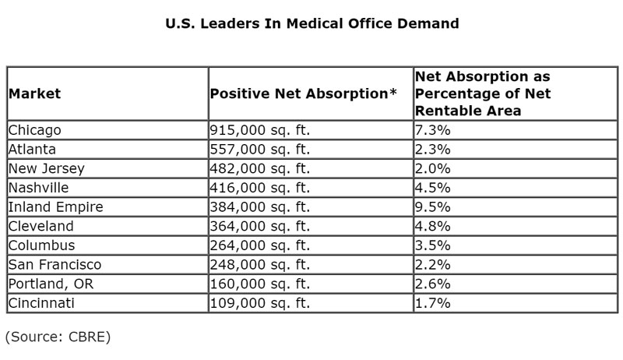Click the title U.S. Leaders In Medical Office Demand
click(312, 23)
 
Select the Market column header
click(34, 94)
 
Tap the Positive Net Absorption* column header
click(304, 94)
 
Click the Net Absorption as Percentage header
click(483, 94)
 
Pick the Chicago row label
click(34, 130)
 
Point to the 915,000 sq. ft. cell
click(260, 130)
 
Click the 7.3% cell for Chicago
click(433, 130)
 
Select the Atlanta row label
click(32, 150)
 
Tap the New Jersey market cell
click(47, 169)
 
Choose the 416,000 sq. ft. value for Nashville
click(260, 188)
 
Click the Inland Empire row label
click(55, 207)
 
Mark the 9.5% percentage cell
click(433, 207)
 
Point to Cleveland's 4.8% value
click(433, 226)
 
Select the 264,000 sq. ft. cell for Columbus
click(260, 245)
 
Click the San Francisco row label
click(55, 265)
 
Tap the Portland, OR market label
click(51, 284)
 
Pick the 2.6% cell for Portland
click(433, 284)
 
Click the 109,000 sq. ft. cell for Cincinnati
click(260, 303)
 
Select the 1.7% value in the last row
click(433, 303)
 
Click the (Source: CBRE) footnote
click(58, 337)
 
